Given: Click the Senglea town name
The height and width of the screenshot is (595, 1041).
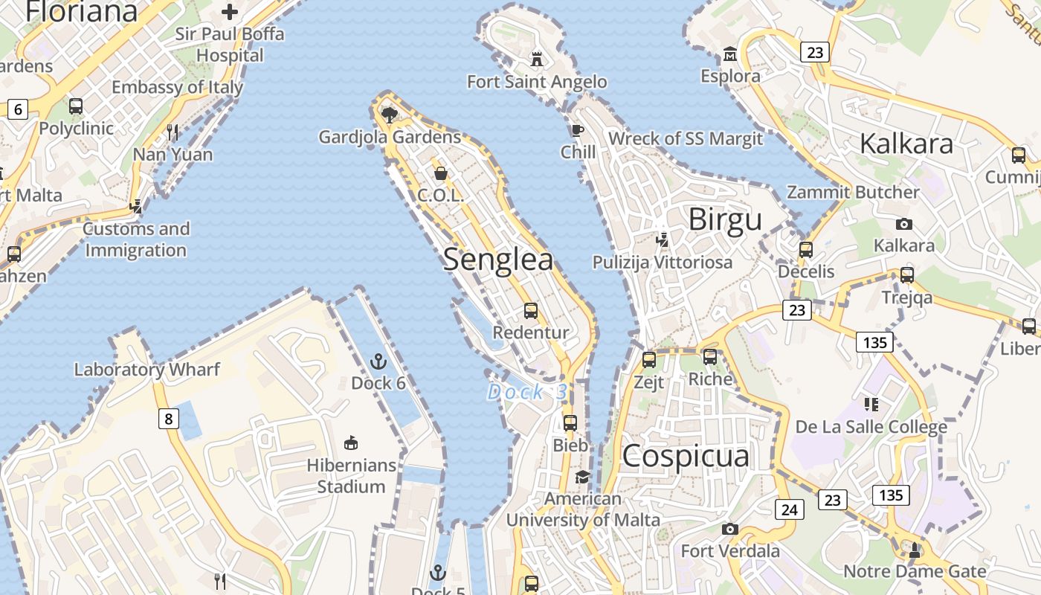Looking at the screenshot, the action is [x=498, y=260].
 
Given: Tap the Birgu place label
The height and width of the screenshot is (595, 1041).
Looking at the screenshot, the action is [x=725, y=220].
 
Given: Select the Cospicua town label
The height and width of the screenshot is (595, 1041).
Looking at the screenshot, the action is [x=686, y=456].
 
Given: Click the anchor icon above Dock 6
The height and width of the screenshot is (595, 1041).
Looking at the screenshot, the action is [x=378, y=362].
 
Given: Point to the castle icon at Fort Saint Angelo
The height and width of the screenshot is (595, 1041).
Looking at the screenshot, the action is [x=536, y=59].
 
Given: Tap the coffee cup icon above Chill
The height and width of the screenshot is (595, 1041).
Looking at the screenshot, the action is [x=577, y=131].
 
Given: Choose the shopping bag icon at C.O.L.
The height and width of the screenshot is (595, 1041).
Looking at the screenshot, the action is [x=441, y=173].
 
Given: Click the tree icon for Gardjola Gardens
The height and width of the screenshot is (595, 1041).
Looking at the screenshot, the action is [x=389, y=115].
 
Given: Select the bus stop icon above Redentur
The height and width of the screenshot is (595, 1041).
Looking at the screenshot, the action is [x=531, y=310].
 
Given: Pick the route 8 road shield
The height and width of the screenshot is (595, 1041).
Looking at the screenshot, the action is [x=169, y=419].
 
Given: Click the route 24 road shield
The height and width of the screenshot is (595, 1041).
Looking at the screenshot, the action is [x=790, y=509].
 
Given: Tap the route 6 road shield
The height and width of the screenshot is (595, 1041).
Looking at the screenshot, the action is [x=17, y=110].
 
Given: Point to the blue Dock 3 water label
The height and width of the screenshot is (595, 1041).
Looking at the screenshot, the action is [x=527, y=392].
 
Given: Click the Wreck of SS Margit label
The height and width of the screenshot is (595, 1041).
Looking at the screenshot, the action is [x=686, y=138].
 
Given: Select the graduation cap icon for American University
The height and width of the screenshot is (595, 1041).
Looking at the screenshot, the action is [x=582, y=477].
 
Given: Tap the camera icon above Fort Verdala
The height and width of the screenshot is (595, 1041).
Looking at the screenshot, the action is [x=730, y=529].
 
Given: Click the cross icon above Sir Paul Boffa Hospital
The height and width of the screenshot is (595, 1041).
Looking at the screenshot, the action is [x=230, y=12].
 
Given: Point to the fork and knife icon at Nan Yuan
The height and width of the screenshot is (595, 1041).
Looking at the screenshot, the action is [x=173, y=132].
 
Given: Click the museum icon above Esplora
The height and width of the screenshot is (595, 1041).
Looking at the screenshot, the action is [x=730, y=54].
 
